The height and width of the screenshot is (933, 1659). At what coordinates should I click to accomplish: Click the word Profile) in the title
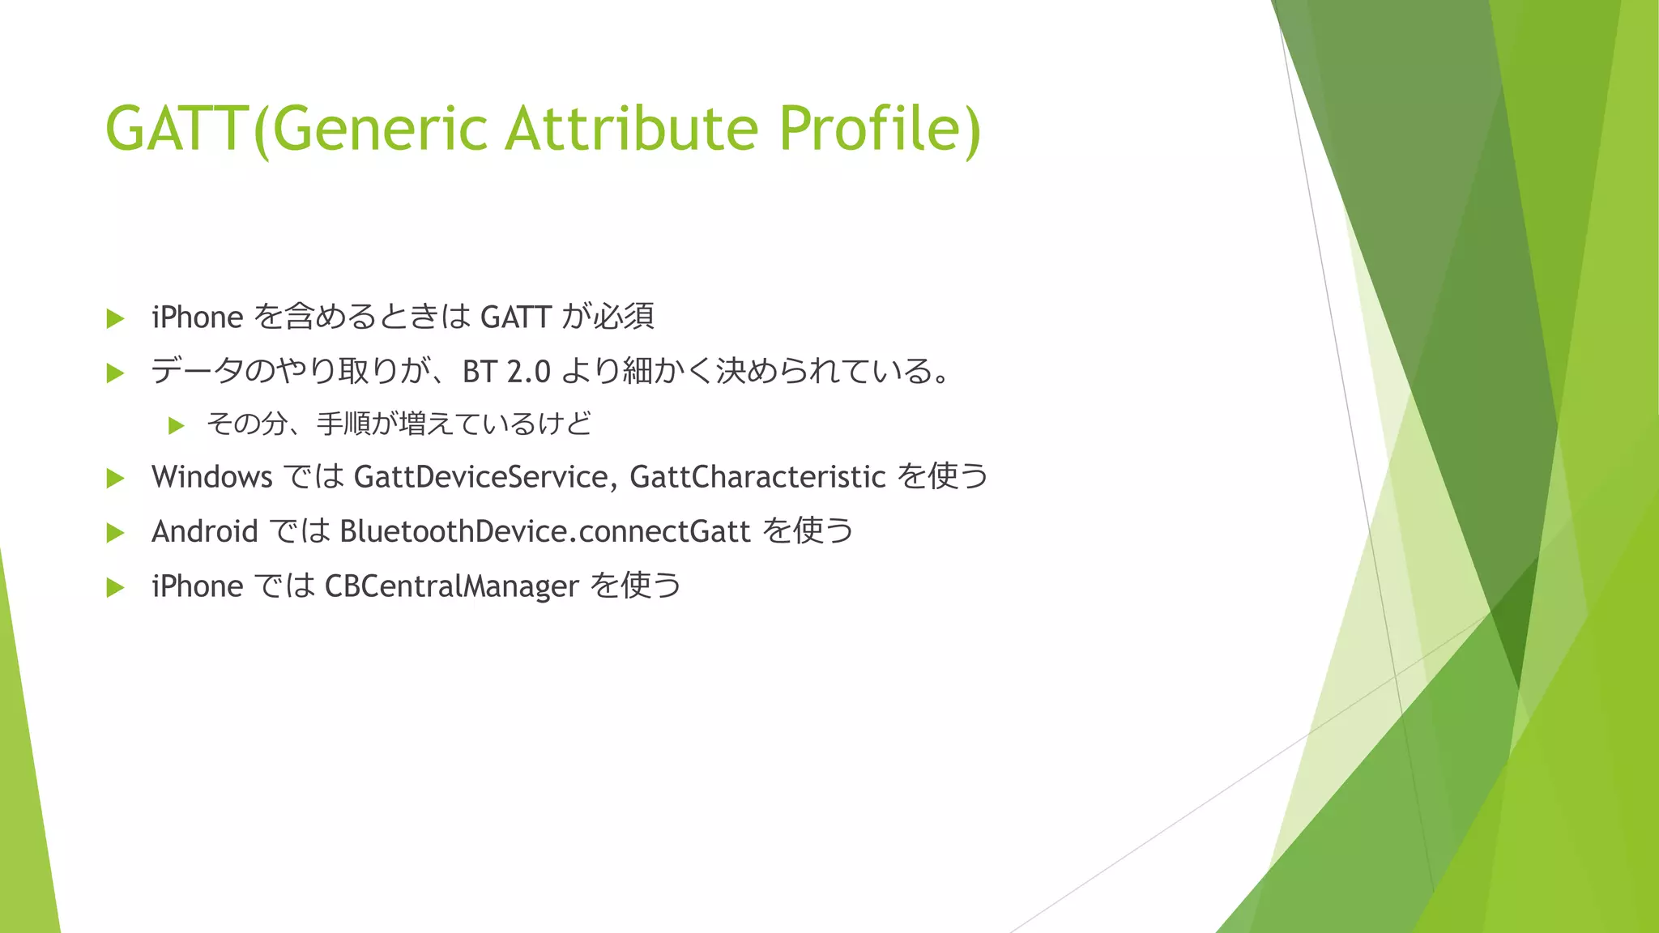[880, 130]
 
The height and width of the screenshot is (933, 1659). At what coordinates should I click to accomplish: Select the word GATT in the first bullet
[516, 317]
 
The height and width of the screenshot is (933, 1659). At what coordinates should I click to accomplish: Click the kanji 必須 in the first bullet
[624, 317]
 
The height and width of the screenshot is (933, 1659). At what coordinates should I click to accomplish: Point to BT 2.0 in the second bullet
[506, 372]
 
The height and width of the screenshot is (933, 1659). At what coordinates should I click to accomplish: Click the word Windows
[212, 477]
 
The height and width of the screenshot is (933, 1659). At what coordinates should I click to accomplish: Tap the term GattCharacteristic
[757, 477]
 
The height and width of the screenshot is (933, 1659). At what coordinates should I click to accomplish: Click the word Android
[205, 532]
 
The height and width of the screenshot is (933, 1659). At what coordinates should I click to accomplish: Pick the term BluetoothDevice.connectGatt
[545, 532]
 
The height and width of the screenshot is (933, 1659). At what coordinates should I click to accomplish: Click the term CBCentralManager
[452, 586]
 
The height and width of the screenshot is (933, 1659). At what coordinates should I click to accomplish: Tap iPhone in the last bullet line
[198, 586]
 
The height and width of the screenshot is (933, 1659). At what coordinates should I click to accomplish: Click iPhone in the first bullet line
[198, 317]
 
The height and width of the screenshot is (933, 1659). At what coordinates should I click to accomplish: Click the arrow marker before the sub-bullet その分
[177, 425]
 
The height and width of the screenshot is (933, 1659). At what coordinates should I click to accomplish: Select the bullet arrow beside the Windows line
[115, 479]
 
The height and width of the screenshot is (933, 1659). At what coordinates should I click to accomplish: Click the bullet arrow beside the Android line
[115, 533]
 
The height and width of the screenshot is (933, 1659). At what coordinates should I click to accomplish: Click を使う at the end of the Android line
[808, 531]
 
